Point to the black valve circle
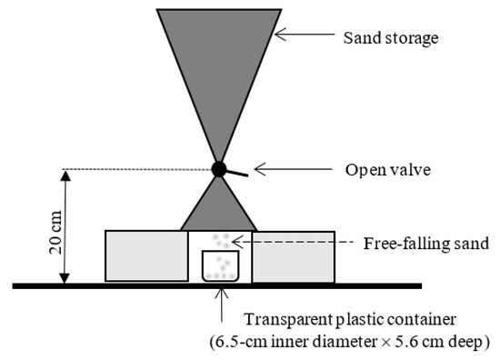pyautogui.click(x=218, y=168)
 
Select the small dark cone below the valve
pyautogui.click(x=219, y=205)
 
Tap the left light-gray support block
pyautogui.click(x=146, y=255)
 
